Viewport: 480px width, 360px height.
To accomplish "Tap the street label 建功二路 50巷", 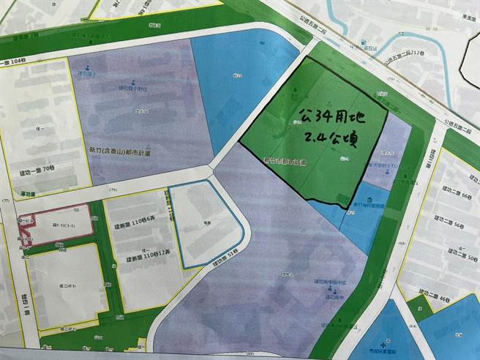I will (x=449, y=260).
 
